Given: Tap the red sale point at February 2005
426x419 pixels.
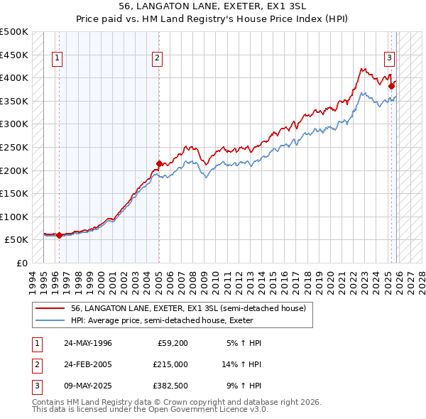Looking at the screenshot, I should click(x=159, y=163).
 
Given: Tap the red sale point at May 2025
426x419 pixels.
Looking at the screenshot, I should click(x=391, y=85).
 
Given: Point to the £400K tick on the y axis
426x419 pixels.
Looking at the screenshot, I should click(x=14, y=77).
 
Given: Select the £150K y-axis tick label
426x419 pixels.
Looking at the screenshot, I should click(x=14, y=193).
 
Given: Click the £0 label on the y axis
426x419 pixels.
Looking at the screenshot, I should click(x=21, y=263).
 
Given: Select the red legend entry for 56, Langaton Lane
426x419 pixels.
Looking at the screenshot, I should click(x=188, y=308).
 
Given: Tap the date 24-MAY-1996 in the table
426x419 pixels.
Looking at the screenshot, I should click(x=87, y=343).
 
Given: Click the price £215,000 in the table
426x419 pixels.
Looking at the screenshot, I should click(x=170, y=364).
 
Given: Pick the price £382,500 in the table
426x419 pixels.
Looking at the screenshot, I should click(x=170, y=386).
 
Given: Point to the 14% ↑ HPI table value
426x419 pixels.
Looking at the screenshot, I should click(x=242, y=364).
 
